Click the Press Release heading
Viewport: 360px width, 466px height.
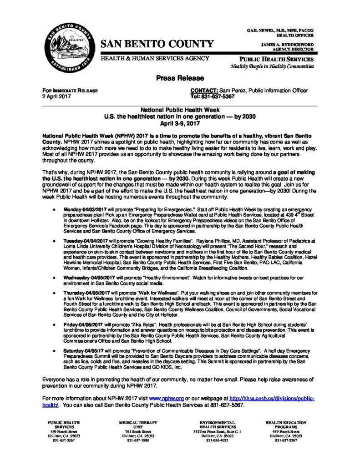pos(180,78)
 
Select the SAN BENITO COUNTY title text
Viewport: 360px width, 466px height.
pos(157,44)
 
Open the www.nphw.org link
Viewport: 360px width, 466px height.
pos(169,398)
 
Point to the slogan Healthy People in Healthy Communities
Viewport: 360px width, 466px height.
pos(272,66)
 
